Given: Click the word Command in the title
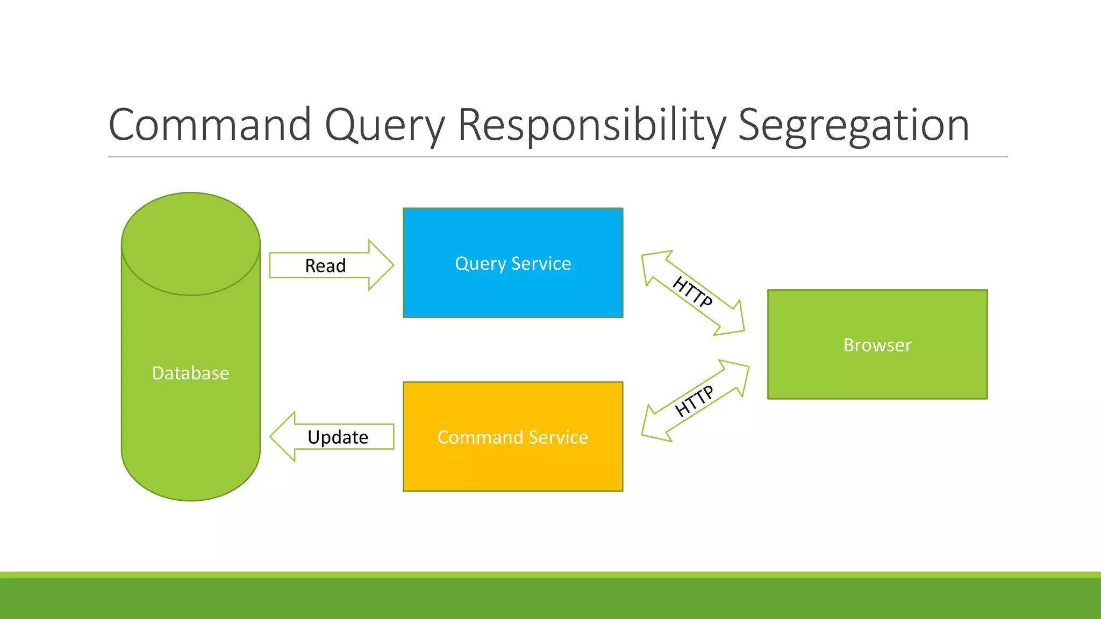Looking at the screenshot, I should point(210,125).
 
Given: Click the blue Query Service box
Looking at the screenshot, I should point(512,293).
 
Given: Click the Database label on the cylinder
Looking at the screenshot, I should point(190,373).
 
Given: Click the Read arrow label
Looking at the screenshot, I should point(325,265).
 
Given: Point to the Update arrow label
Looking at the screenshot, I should point(338,437).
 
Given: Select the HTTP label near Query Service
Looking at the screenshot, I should point(693,291).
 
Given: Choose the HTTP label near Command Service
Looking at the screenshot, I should point(694,401).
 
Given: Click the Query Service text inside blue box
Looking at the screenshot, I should point(512,263).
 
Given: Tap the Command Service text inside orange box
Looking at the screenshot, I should point(512,437).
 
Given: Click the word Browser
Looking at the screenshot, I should point(877,345).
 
